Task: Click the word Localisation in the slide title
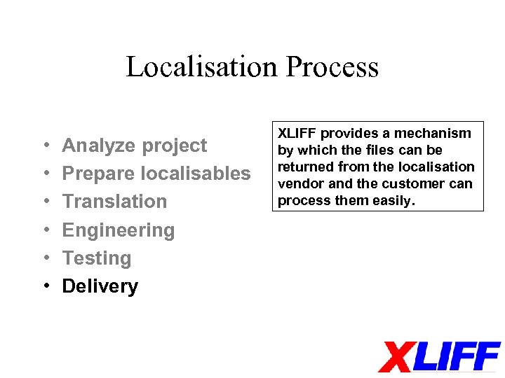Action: (202, 67)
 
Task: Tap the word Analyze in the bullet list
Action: (98, 146)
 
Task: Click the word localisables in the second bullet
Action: (196, 174)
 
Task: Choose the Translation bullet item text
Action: (114, 202)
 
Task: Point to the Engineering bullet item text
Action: (118, 230)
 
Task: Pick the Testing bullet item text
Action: (97, 258)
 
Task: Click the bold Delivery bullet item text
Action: (100, 286)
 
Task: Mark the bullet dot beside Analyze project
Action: (44, 146)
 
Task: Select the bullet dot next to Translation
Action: (44, 202)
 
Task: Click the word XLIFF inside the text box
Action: (298, 133)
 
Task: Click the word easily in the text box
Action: (395, 201)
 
